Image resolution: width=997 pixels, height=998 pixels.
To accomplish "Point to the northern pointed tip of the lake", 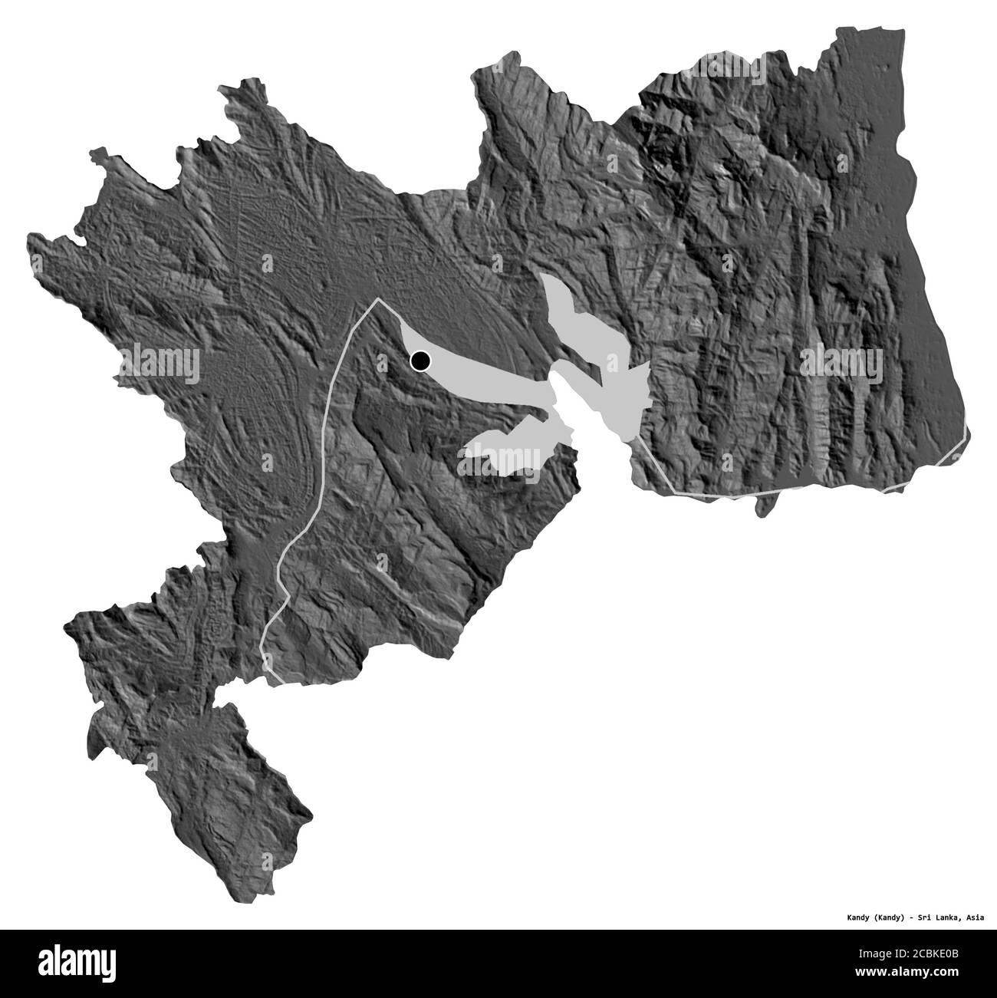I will [545, 278].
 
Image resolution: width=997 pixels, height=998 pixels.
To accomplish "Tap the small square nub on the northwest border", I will [97, 156].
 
